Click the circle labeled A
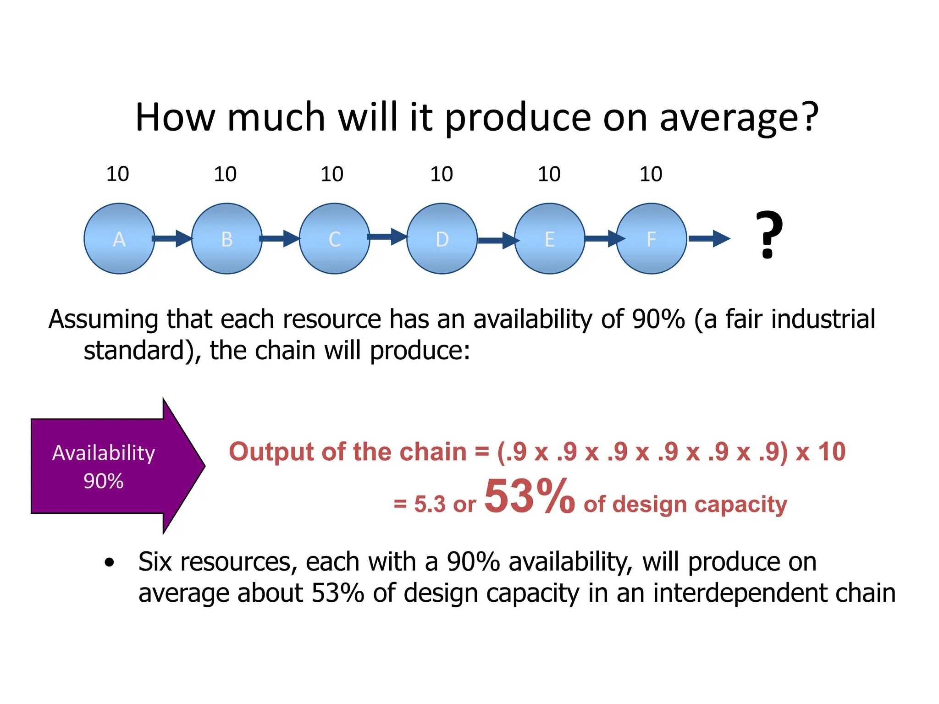(x=119, y=239)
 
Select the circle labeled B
(x=226, y=239)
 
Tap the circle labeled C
(x=334, y=239)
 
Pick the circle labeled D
(x=442, y=239)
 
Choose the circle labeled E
(x=549, y=239)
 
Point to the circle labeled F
(x=651, y=239)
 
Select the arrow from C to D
(x=387, y=236)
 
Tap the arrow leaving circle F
(x=709, y=238)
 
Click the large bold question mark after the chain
(x=769, y=235)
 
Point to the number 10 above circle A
(x=117, y=174)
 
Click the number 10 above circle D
(x=441, y=174)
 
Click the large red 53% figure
(x=530, y=496)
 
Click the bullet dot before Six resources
(x=109, y=562)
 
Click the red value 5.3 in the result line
(x=430, y=505)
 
